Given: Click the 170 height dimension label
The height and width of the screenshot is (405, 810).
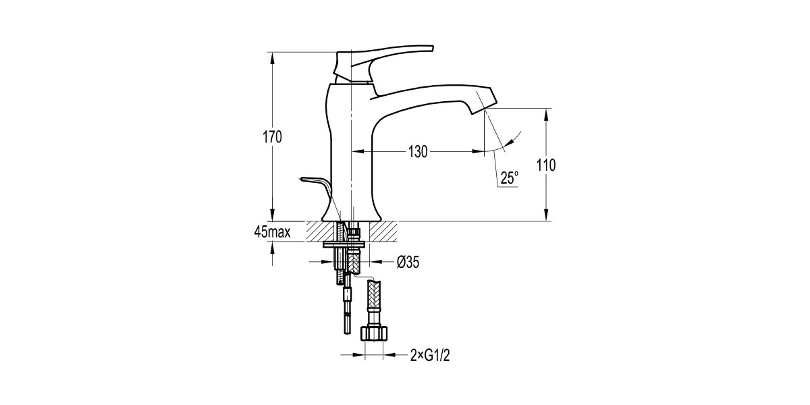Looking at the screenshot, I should (272, 137).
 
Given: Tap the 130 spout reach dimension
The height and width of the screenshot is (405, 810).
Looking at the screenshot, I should (418, 152).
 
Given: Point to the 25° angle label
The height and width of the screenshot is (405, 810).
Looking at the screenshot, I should (510, 178).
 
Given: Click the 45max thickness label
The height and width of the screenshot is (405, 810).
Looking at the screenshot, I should (272, 232).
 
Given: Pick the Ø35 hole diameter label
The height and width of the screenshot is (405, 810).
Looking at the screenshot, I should (408, 262).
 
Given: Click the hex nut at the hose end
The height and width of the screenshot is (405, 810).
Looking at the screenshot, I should (374, 333).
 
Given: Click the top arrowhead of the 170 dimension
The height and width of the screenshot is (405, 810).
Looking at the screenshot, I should (273, 57).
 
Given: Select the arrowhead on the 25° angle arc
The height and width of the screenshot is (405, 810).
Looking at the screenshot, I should (514, 138).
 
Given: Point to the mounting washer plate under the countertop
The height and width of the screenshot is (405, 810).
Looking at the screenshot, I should (350, 240).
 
